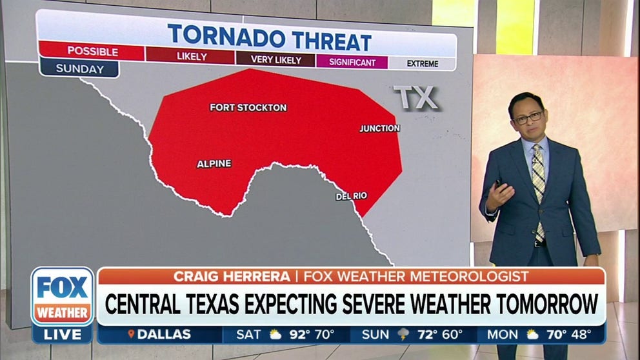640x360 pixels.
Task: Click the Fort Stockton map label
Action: pyautogui.click(x=248, y=108)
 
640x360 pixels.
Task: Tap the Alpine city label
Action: pyautogui.click(x=214, y=164)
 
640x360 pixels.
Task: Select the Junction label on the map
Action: pyautogui.click(x=379, y=128)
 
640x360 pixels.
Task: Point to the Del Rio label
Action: pyautogui.click(x=352, y=196)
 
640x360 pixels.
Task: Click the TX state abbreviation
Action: pyautogui.click(x=416, y=98)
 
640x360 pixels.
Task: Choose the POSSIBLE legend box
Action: pyautogui.click(x=92, y=52)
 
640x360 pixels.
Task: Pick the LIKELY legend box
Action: pyautogui.click(x=192, y=57)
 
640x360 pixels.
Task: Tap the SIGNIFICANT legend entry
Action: pyautogui.click(x=352, y=63)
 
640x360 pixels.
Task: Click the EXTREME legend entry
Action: pyautogui.click(x=423, y=64)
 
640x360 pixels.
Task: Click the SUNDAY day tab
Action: pyautogui.click(x=79, y=68)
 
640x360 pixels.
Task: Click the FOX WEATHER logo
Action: pyautogui.click(x=63, y=297)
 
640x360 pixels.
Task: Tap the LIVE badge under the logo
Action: pyautogui.click(x=63, y=334)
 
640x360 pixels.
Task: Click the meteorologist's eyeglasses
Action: pyautogui.click(x=528, y=117)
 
